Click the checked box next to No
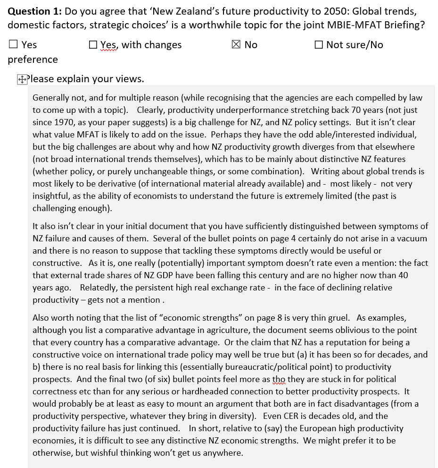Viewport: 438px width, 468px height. (x=236, y=44)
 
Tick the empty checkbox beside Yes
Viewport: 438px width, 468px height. (x=13, y=44)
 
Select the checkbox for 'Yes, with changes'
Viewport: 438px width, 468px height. (x=93, y=44)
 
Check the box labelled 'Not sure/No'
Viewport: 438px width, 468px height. (x=319, y=44)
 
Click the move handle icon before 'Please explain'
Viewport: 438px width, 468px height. (x=22, y=80)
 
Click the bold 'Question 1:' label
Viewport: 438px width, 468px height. (x=34, y=11)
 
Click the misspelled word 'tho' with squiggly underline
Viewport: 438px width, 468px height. (x=279, y=379)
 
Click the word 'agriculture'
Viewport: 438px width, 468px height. (x=199, y=330)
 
